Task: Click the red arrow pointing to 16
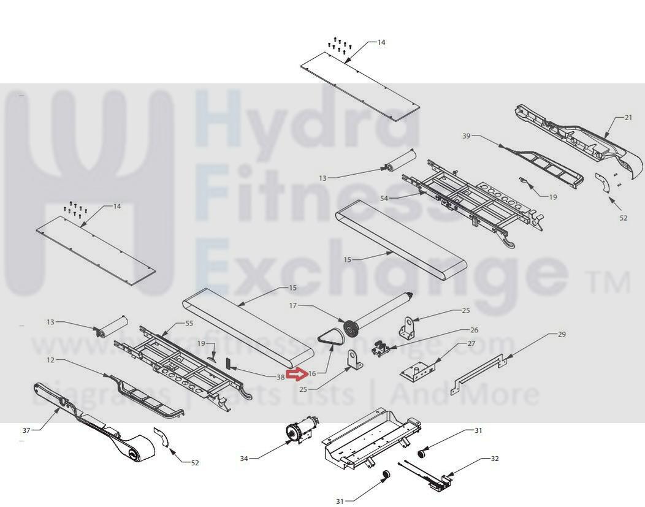[x=298, y=372]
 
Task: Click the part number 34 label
[x=244, y=459]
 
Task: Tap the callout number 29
[x=562, y=335]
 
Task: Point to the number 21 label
[x=628, y=118]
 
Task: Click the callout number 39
[x=467, y=136]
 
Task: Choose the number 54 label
[x=384, y=198]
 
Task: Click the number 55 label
[x=189, y=323]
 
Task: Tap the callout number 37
[x=26, y=430]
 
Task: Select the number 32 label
[x=494, y=459]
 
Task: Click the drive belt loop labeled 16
[x=331, y=338]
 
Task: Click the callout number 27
[x=471, y=344]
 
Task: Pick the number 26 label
[x=474, y=330]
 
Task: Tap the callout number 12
[x=51, y=360]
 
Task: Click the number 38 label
[x=280, y=377]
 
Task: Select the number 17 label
[x=292, y=305]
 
